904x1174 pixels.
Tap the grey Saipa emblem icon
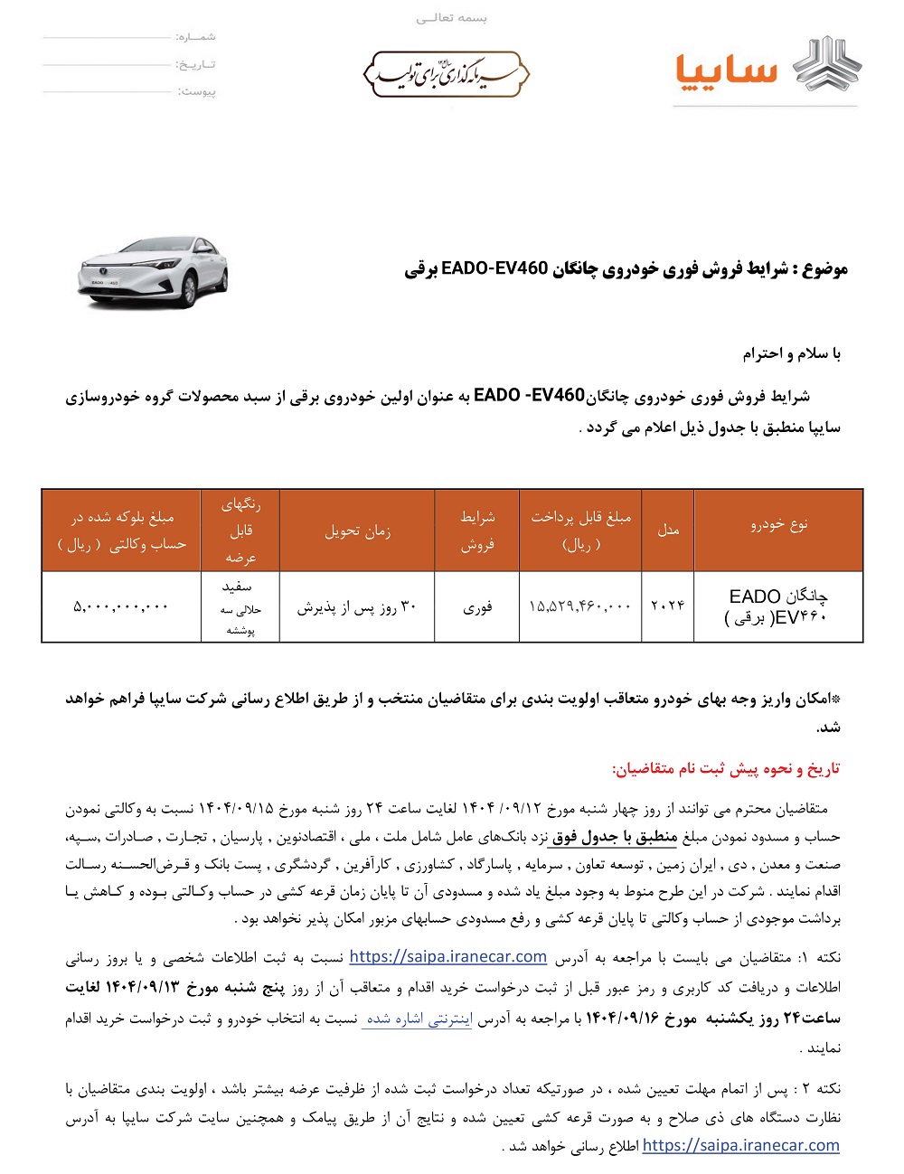[827, 65]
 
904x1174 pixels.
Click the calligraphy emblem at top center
[446, 74]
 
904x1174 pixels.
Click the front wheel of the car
[189, 291]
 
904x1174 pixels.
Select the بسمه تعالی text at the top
[451, 18]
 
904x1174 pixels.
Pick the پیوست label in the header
[196, 91]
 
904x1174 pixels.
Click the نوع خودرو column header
[778, 524]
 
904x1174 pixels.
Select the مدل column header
[668, 530]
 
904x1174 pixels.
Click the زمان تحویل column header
[357, 531]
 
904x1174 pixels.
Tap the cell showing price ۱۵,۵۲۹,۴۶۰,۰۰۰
[579, 606]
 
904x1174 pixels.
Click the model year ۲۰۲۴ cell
[668, 606]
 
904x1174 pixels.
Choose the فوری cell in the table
[476, 607]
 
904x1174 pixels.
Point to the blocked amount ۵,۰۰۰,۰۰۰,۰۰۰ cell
[121, 606]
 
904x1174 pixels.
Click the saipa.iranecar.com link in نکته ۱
[448, 956]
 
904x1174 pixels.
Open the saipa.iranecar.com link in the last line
[740, 1145]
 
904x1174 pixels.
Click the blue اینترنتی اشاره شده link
[418, 1019]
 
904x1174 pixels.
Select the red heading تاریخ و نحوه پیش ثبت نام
[726, 768]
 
